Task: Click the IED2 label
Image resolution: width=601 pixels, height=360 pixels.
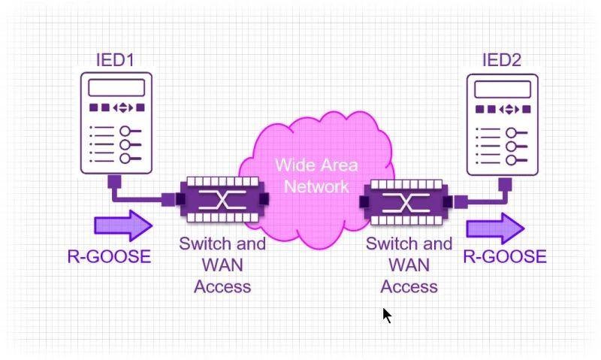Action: pos(501,60)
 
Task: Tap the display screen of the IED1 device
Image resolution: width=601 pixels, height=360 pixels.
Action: pos(116,87)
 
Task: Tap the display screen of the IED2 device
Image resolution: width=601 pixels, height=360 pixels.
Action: pos(502,89)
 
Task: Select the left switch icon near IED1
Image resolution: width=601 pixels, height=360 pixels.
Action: pos(222,199)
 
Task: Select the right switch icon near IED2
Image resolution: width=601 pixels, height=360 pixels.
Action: pos(409,201)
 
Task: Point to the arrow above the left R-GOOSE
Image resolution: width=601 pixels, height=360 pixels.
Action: pos(122,225)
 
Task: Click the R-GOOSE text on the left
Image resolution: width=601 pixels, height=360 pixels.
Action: pos(109,256)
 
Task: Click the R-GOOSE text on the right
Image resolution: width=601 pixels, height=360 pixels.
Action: pos(504,256)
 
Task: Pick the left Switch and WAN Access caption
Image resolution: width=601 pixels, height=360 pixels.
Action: pos(222,265)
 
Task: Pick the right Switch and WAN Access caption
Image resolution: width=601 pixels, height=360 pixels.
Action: pos(409,265)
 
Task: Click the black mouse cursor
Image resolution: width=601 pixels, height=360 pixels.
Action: pos(387,315)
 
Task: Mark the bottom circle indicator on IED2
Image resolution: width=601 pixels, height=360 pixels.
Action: pos(512,159)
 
